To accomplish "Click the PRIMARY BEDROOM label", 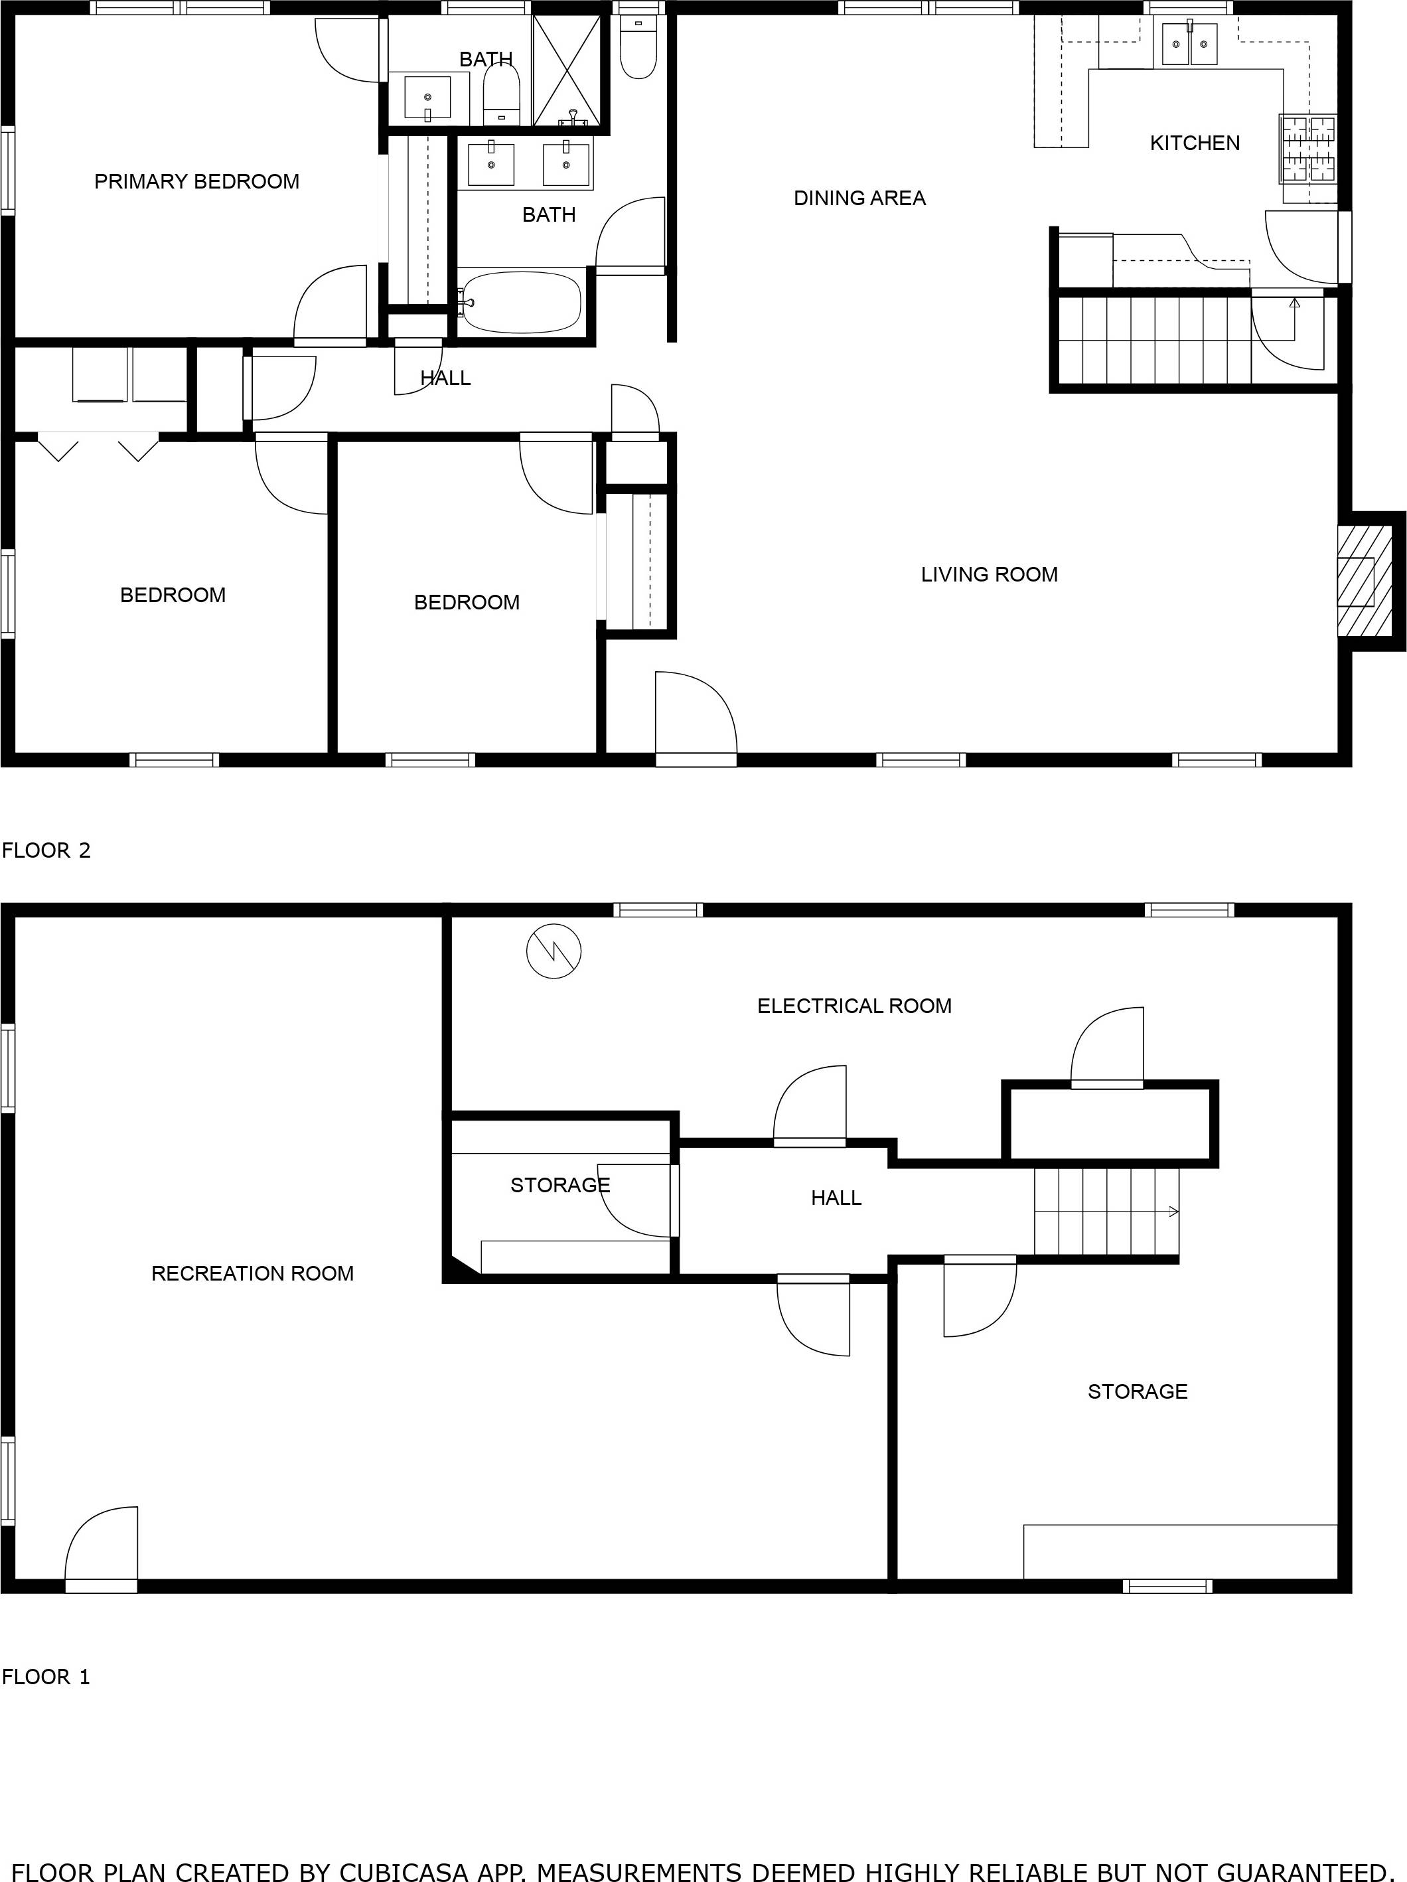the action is pyautogui.click(x=196, y=181).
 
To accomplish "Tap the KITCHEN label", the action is pyautogui.click(x=1195, y=143).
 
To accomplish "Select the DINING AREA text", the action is pyautogui.click(x=859, y=198).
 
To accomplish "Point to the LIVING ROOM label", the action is pyautogui.click(x=990, y=574).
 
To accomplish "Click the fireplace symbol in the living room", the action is pyautogui.click(x=1365, y=581).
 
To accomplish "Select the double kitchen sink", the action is pyautogui.click(x=1189, y=44).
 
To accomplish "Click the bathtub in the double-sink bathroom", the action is pyautogui.click(x=520, y=302).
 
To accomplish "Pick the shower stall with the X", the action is pyautogui.click(x=567, y=70).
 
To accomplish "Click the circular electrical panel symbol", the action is pyautogui.click(x=554, y=951).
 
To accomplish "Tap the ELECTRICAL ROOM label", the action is pyautogui.click(x=854, y=1006).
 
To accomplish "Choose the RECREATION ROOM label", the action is pyautogui.click(x=253, y=1274).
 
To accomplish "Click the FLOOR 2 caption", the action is pyautogui.click(x=46, y=850).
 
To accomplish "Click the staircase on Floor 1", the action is pyautogui.click(x=1106, y=1212).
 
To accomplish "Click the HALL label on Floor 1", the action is pyautogui.click(x=836, y=1198).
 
